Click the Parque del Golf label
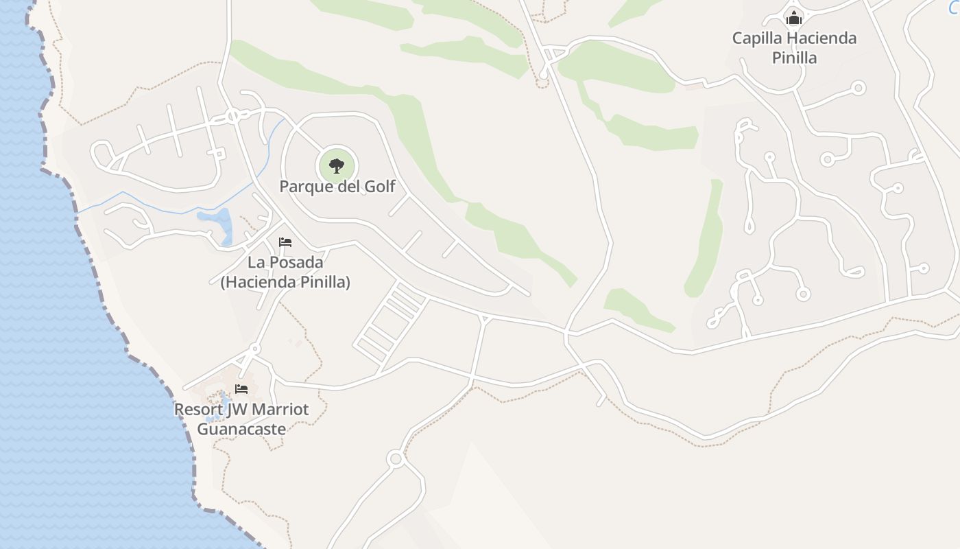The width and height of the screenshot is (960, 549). tap(337, 186)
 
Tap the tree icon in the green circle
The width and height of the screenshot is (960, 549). tap(336, 165)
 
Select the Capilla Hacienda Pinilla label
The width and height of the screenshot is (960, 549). tap(794, 47)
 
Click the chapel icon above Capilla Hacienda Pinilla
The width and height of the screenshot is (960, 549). tap(794, 18)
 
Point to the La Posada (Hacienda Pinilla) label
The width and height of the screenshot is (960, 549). tap(285, 272)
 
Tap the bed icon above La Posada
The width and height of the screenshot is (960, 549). tap(285, 242)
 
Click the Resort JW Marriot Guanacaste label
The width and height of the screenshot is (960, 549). tap(241, 419)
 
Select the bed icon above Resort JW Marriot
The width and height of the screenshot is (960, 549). tap(241, 389)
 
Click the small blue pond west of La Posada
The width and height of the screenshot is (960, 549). tap(217, 223)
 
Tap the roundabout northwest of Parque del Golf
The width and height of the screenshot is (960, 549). tap(232, 116)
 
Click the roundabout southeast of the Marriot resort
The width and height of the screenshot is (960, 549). tap(394, 458)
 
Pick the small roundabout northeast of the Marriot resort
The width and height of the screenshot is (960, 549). tap(255, 349)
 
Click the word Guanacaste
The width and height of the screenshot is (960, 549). tap(241, 429)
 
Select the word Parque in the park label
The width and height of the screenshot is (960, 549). tap(307, 186)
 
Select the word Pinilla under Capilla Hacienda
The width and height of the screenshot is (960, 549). tap(794, 58)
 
